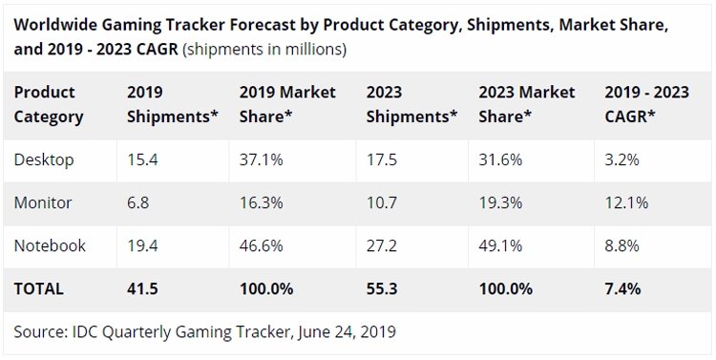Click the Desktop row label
(x=44, y=160)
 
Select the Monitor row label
(x=43, y=202)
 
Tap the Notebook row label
(x=50, y=245)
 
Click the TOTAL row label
(x=39, y=289)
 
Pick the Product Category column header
(x=49, y=105)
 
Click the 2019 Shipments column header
(x=173, y=105)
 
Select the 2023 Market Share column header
(x=526, y=105)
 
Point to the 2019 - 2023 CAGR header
(x=646, y=105)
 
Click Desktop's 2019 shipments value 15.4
(x=142, y=160)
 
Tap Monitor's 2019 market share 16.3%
(x=262, y=202)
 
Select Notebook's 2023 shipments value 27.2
(x=382, y=245)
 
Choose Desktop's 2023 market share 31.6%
(x=500, y=160)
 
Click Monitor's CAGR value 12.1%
(x=626, y=202)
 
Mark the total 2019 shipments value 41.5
(x=142, y=289)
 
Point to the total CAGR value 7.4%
(x=622, y=289)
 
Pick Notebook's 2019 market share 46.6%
(x=262, y=245)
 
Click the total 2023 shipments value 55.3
(x=382, y=289)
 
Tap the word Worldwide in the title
(x=55, y=25)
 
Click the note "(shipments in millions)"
(x=264, y=49)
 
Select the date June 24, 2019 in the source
(x=347, y=331)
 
